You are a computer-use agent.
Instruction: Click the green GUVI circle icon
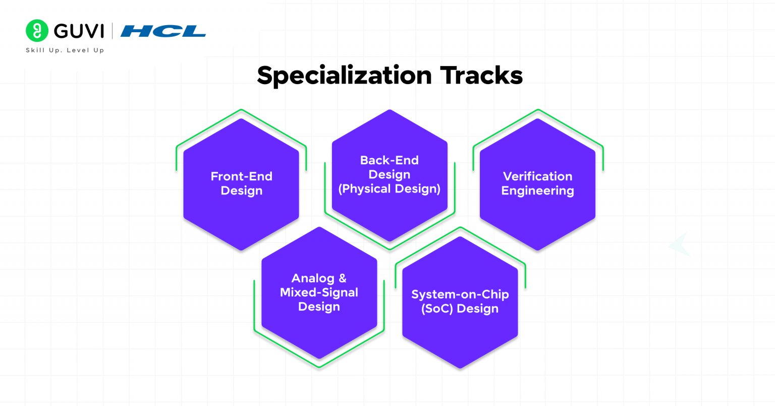[37, 31]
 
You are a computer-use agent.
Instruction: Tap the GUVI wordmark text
[79, 31]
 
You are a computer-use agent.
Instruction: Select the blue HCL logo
[163, 31]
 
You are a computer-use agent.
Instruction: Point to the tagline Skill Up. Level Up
[65, 50]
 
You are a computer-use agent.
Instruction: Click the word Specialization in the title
[344, 76]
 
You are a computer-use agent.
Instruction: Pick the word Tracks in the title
[481, 76]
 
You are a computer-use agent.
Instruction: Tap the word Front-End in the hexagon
[241, 176]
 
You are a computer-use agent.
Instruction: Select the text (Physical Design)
[389, 189]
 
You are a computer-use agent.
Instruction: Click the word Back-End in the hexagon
[389, 160]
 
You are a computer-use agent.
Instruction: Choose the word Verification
[537, 176]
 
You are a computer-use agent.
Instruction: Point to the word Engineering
[537, 191]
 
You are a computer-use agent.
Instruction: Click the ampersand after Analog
[343, 278]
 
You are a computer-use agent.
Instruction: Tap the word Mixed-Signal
[319, 293]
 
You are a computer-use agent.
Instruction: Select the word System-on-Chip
[460, 294]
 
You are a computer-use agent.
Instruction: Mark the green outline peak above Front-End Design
[241, 110]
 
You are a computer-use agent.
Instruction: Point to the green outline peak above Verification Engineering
[538, 110]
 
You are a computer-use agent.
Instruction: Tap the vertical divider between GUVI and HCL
[112, 31]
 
